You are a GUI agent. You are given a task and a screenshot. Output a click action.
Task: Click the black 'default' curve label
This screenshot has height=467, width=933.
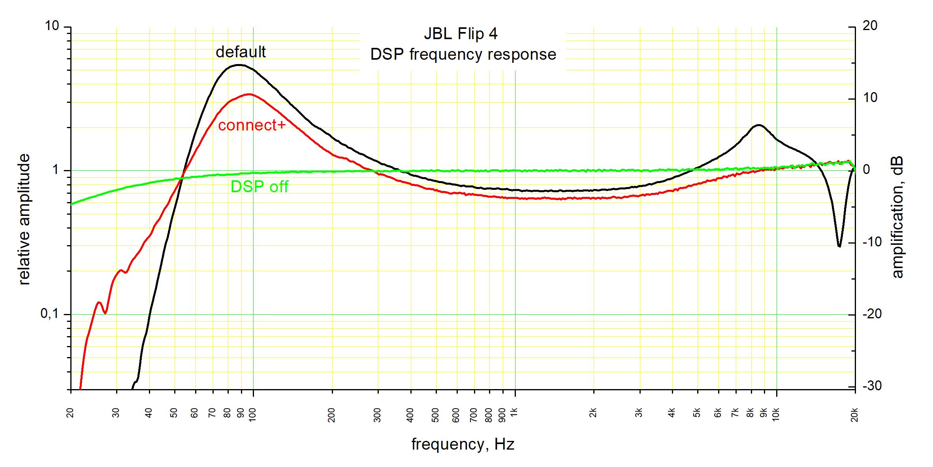click(241, 52)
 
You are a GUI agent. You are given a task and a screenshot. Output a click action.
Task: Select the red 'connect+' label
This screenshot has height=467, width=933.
click(252, 125)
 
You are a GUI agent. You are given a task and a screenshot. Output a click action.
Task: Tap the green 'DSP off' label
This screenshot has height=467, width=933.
click(259, 187)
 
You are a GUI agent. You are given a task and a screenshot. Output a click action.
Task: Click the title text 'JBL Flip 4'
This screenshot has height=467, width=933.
click(461, 34)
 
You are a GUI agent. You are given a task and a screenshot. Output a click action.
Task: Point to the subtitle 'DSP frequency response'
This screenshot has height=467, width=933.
click(463, 54)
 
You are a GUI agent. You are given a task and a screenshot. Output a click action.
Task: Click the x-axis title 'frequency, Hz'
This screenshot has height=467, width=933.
click(463, 444)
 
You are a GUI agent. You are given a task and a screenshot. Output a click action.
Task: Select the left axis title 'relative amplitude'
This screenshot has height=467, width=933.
click(24, 219)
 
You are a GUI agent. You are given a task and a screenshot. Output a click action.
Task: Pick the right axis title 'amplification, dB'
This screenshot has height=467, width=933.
click(897, 217)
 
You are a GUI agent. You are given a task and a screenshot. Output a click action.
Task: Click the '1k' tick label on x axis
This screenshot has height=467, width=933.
click(514, 413)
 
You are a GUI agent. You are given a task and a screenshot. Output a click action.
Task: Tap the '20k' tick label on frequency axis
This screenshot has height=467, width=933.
click(854, 415)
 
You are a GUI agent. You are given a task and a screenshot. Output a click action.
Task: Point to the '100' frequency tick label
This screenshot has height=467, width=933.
click(252, 415)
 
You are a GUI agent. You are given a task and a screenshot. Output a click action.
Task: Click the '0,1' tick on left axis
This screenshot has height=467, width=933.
click(49, 314)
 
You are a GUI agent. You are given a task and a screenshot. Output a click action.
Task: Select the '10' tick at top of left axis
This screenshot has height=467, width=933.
click(52, 26)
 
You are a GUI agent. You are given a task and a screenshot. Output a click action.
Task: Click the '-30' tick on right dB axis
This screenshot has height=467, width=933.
click(872, 386)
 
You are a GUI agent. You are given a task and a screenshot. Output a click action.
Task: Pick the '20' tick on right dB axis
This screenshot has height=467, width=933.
click(870, 26)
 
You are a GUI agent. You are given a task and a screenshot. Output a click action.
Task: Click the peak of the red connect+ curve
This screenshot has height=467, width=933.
click(249, 94)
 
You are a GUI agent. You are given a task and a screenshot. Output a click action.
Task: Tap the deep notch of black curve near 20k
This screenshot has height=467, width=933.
click(839, 246)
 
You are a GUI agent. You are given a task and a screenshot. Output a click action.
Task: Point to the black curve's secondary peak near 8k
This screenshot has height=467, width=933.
click(758, 125)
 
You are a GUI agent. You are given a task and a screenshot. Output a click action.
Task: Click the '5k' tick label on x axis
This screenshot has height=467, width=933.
click(697, 413)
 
